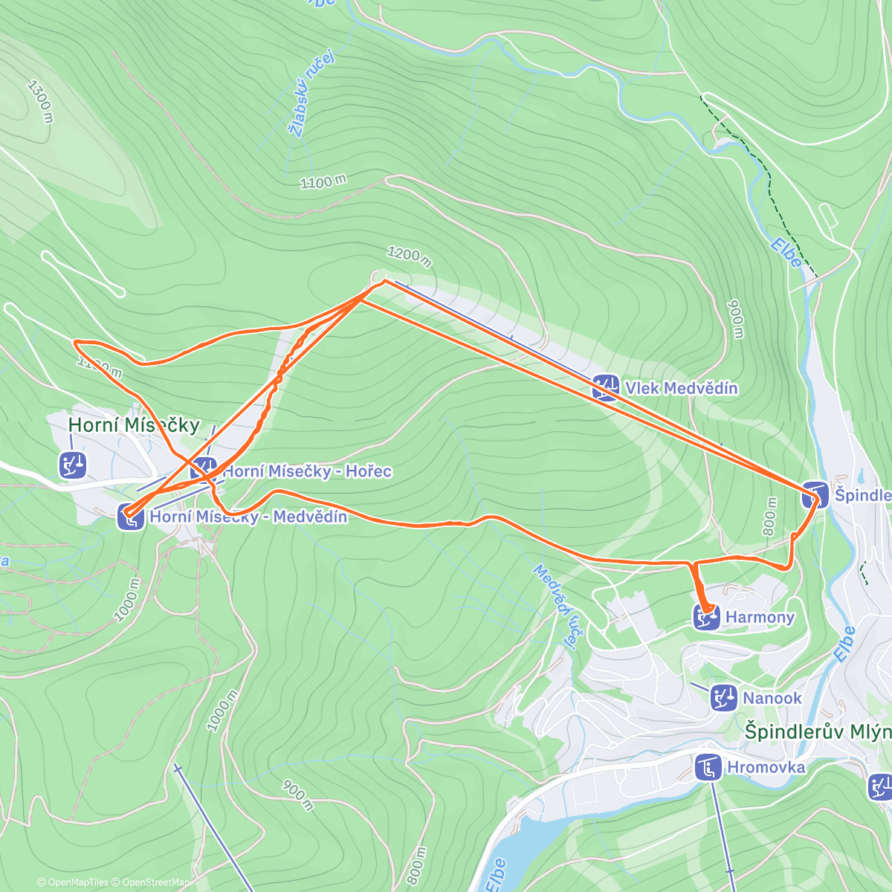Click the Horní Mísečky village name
pyautogui.click(x=134, y=424)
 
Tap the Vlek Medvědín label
pyautogui.click(x=681, y=388)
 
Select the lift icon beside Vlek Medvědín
pyautogui.click(x=605, y=387)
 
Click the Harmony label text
pyautogui.click(x=760, y=617)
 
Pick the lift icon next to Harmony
pyautogui.click(x=706, y=617)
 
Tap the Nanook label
pyautogui.click(x=772, y=698)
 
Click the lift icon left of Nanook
pyautogui.click(x=723, y=697)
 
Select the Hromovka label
pyautogui.click(x=766, y=767)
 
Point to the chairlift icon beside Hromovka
pyautogui.click(x=708, y=767)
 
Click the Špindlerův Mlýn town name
pyautogui.click(x=818, y=731)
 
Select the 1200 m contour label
pyautogui.click(x=409, y=256)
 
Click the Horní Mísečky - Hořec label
pyautogui.click(x=307, y=471)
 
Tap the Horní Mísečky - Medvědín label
pyautogui.click(x=248, y=517)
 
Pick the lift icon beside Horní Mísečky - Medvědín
pyautogui.click(x=131, y=517)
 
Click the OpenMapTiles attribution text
pyautogui.click(x=77, y=883)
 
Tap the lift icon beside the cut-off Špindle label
pyautogui.click(x=815, y=495)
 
